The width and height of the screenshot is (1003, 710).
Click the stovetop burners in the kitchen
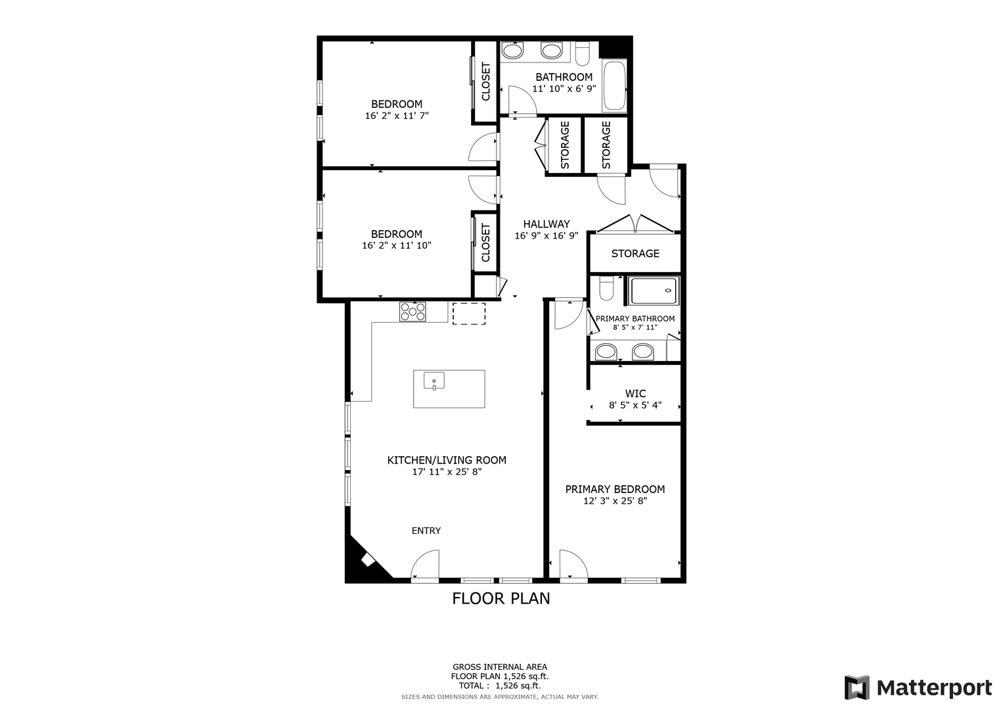412,312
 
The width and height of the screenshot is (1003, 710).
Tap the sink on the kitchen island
434,381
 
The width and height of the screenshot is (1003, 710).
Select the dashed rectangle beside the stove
469,314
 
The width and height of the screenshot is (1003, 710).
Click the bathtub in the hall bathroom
614,86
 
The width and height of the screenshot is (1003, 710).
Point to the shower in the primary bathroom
654,291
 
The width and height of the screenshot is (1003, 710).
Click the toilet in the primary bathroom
606,288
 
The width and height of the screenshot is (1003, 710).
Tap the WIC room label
635,394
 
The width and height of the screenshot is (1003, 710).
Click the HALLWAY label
546,224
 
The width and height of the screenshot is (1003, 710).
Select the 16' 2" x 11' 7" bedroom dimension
397,116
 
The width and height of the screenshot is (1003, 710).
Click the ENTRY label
426,531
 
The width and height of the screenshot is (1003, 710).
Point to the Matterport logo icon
857,688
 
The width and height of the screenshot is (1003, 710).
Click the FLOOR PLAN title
501,599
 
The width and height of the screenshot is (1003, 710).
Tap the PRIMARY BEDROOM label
615,490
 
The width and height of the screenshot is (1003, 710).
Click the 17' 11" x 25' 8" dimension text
447,471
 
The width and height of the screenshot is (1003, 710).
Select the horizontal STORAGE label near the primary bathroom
635,254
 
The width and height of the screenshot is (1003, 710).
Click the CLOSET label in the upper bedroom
486,82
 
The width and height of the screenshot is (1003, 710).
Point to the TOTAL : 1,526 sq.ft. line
500,685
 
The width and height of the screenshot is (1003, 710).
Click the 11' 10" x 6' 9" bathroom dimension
564,89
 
